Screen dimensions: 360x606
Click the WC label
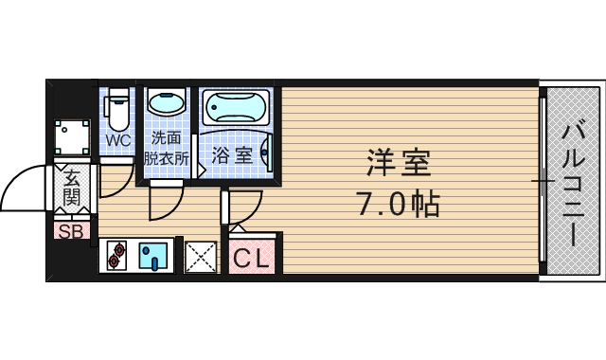pos(118,141)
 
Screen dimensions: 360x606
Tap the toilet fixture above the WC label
pos(118,109)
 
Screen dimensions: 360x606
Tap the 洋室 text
pos(399,164)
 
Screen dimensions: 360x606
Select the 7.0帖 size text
pos(398,203)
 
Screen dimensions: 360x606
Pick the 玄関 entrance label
pos(71,187)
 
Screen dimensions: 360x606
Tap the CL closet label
pos(251,256)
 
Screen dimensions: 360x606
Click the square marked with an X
pos(200,256)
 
